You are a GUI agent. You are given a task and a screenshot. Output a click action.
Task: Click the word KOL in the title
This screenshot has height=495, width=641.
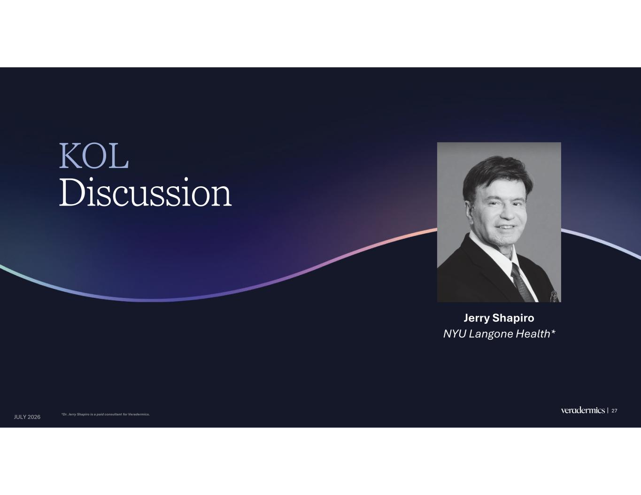tap(94, 156)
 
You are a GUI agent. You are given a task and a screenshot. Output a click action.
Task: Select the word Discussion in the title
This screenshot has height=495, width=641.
tap(146, 192)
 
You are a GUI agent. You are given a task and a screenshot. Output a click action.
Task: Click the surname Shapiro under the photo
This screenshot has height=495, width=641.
tap(513, 319)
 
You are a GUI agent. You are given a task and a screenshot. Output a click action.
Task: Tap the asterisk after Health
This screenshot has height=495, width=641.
tap(553, 332)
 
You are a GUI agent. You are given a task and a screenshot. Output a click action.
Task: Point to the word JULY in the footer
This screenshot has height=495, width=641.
tap(20, 417)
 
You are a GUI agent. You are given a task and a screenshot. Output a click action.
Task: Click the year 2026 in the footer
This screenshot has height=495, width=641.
tap(34, 417)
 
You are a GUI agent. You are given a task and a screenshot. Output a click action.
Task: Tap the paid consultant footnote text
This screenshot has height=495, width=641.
tap(106, 415)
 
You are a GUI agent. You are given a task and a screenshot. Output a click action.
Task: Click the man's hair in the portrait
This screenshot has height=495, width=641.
tap(497, 174)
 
